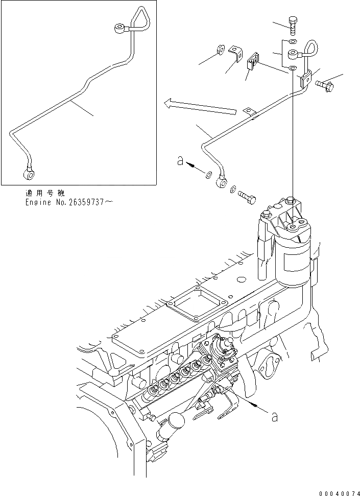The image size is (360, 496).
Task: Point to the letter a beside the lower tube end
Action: coord(179,161)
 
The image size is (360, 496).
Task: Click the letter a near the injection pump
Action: coord(274,417)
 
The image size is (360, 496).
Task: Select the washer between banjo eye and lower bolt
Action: coord(232,189)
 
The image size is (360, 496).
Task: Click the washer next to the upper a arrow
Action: coord(208,176)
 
